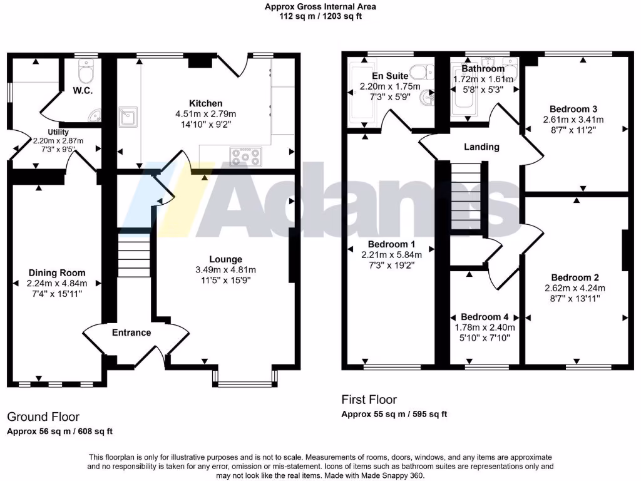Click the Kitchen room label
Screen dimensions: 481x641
(206, 103)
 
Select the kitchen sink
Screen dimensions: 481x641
(129, 116)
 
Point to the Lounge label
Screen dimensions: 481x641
(226, 259)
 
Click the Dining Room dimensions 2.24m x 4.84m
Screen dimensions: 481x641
(57, 282)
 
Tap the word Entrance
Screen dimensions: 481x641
(132, 333)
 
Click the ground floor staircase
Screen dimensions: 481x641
(133, 256)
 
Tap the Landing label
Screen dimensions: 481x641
(481, 147)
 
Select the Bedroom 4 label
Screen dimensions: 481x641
(485, 317)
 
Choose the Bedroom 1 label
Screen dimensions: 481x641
(392, 244)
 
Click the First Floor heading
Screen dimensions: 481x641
(369, 400)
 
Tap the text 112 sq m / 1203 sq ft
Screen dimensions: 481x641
(320, 17)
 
